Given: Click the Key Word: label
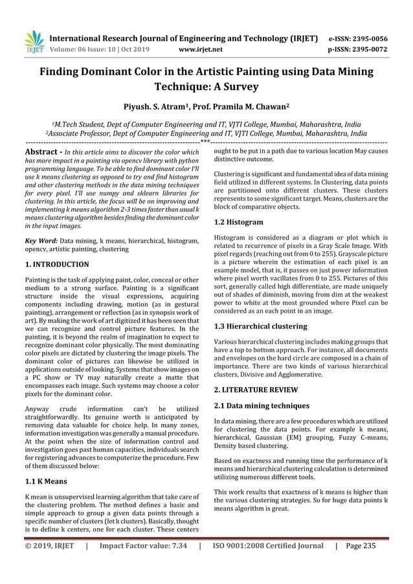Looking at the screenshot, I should coord(39,241).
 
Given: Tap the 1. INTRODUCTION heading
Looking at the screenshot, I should coord(57,265).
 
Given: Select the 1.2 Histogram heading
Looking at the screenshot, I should coord(239,222).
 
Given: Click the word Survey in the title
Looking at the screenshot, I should coord(236,86).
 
